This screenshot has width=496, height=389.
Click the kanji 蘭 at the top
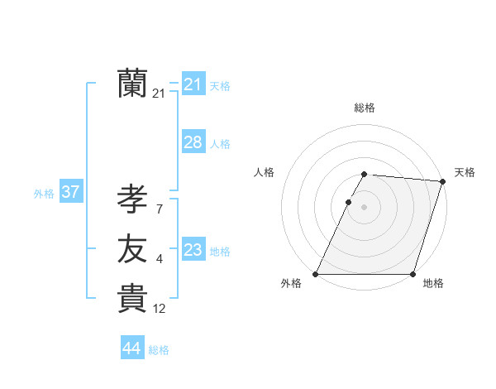coord(132,84)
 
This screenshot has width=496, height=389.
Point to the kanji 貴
coord(132,299)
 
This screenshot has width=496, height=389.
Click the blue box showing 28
coord(193,142)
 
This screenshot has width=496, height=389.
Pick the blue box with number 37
coord(70,193)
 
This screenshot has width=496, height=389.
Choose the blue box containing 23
coord(193,250)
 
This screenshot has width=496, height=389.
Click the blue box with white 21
coord(193,84)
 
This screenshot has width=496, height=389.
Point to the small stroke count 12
coord(160,310)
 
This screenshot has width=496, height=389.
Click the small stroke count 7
coord(160,209)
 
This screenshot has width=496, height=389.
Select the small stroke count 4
coord(160,260)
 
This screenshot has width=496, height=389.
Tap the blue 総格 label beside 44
coord(159,350)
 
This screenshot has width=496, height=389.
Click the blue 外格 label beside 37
coord(44,194)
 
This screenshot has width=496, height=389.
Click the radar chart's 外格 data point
coord(316,274)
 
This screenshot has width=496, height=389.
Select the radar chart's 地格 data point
coord(413,274)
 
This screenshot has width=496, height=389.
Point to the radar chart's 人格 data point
coord(348,202)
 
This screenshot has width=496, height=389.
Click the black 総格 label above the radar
coord(365,108)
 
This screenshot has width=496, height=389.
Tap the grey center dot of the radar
coord(365,208)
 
